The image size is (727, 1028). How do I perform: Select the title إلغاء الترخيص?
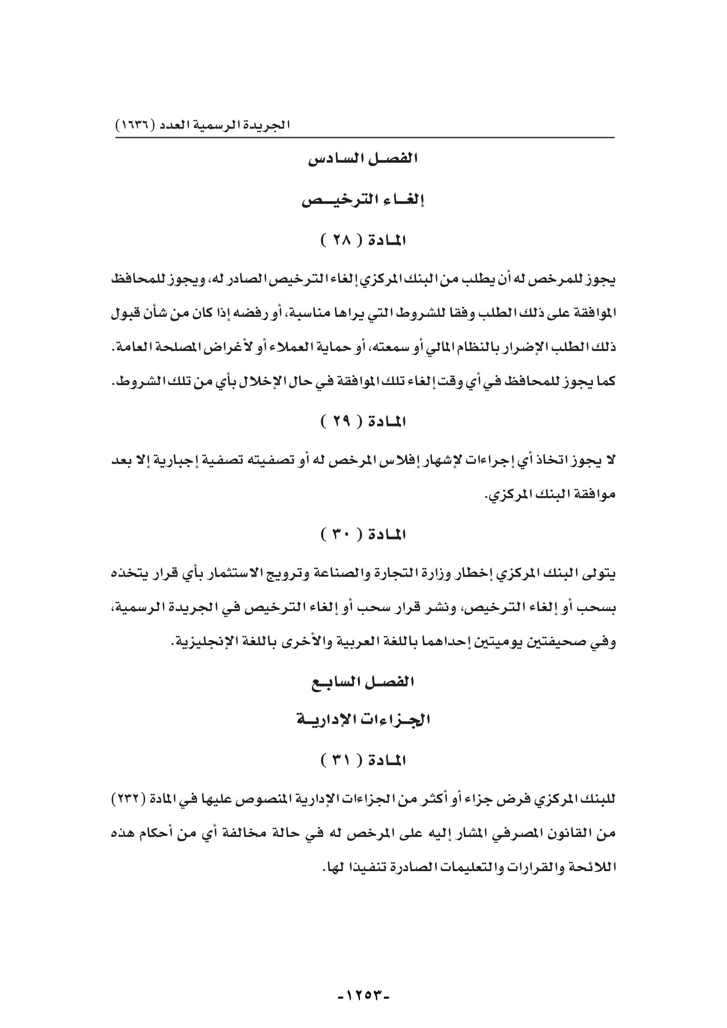(363, 200)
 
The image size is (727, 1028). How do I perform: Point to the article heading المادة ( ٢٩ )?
(363, 422)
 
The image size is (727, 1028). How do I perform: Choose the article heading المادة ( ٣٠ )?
(363, 534)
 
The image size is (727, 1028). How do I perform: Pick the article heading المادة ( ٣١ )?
(363, 760)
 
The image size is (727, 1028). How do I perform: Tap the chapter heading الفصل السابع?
(363, 683)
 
